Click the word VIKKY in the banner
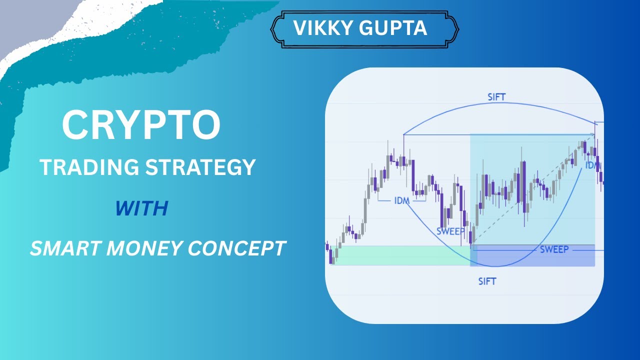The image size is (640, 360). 324,28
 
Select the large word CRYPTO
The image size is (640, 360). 140,125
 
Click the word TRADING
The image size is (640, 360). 89,167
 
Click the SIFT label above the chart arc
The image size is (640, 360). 496,97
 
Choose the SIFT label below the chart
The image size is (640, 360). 487,281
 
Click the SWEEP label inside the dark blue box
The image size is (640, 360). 554,249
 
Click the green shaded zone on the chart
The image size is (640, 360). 400,255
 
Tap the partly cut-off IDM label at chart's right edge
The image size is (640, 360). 592,164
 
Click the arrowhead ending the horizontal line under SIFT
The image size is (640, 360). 593,134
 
